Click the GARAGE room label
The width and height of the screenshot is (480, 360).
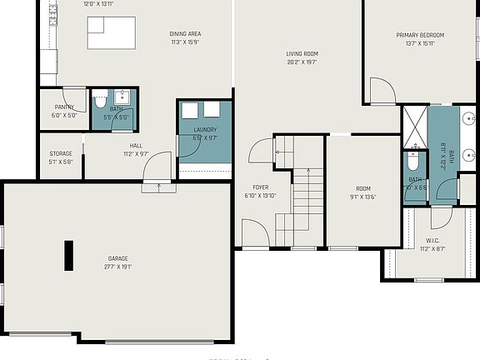[117, 258]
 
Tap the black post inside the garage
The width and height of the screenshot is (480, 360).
[68, 256]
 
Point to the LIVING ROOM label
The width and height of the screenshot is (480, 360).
[302, 53]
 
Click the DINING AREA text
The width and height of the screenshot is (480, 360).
[185, 34]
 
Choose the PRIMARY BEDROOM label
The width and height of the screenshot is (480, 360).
[420, 35]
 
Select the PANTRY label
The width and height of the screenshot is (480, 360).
[64, 107]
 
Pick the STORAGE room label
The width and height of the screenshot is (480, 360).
[60, 153]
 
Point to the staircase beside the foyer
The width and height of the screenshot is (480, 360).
[307, 200]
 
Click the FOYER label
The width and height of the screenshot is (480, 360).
[261, 187]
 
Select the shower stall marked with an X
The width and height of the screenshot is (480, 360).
[414, 124]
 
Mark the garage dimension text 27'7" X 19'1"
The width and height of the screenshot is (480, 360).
[117, 267]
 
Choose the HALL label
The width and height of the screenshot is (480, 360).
[135, 145]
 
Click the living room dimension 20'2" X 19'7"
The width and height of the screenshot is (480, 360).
[302, 62]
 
